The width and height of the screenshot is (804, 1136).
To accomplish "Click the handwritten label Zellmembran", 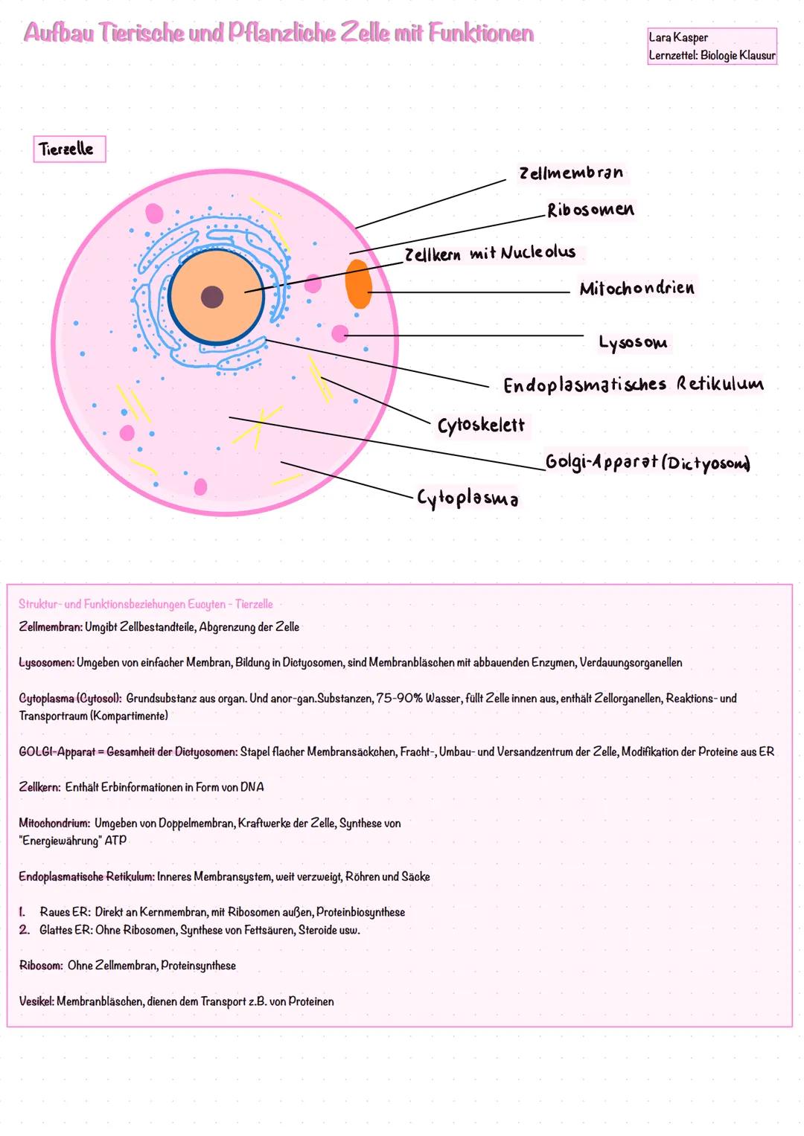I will (x=571, y=173).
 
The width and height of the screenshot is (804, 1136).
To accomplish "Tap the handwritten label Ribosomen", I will (x=590, y=211).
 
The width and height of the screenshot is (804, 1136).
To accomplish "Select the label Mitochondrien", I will (x=636, y=289).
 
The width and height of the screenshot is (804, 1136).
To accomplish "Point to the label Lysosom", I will (x=633, y=342).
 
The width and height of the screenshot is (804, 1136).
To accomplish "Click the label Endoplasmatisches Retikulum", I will (x=633, y=385).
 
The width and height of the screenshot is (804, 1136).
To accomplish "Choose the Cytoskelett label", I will (x=481, y=426).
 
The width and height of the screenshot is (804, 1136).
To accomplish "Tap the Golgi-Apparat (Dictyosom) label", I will (x=647, y=462).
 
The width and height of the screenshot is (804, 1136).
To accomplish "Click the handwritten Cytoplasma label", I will (x=468, y=498).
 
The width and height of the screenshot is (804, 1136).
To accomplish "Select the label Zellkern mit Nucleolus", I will (x=490, y=254).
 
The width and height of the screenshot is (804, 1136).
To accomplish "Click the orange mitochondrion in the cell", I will (x=358, y=284).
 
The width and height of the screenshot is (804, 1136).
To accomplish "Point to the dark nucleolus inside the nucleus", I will (x=212, y=297).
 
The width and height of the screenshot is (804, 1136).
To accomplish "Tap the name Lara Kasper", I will (x=678, y=37).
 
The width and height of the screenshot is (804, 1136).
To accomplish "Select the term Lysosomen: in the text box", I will (x=46, y=663).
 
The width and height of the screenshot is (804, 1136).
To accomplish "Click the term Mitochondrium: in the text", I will (x=54, y=824).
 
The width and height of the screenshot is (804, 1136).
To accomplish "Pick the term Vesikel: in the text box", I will (x=36, y=1002).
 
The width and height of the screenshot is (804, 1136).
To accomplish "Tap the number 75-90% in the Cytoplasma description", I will (x=399, y=699).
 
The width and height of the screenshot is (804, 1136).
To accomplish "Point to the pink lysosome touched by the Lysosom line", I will (x=340, y=334).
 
